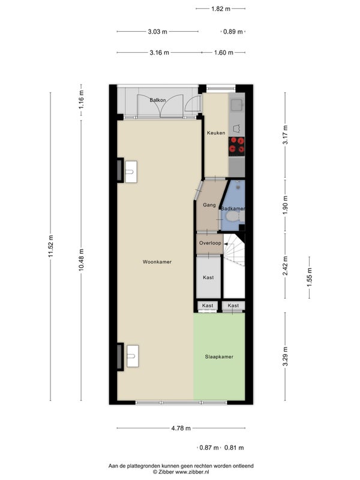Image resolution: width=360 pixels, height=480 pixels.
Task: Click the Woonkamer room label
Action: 157,262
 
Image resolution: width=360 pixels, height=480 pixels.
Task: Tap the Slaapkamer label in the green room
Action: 219,356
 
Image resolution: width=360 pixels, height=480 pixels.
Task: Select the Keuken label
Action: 216,133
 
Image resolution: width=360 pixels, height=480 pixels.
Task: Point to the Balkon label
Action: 158,100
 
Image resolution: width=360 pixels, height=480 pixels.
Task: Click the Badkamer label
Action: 233,208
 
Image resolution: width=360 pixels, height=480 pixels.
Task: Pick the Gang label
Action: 209,205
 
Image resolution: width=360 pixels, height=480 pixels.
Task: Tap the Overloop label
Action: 210,243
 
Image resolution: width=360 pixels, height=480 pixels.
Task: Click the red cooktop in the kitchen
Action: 237,145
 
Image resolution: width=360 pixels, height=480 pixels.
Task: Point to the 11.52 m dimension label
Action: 51,246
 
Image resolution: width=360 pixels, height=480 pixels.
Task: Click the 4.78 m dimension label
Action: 181,428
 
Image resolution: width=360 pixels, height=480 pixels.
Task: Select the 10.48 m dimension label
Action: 81,260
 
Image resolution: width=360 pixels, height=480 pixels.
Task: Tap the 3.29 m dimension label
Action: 286,356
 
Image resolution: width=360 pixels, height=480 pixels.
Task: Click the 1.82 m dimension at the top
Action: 221,8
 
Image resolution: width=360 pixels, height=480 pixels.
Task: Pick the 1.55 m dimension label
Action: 310,277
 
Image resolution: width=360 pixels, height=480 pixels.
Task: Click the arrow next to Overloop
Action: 226,244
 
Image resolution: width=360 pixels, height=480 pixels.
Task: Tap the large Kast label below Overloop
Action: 208,277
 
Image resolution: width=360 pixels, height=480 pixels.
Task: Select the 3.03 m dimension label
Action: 158,31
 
